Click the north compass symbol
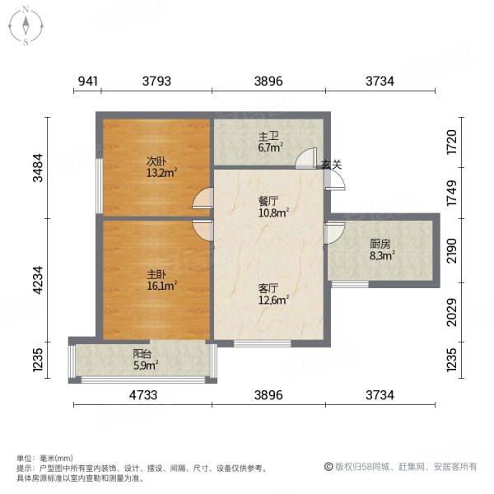[x=26, y=26]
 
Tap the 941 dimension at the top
[x=88, y=81]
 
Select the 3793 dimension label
[x=156, y=81]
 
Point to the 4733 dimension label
[x=143, y=396]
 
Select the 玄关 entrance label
[x=331, y=165]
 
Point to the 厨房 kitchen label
[x=380, y=244]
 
